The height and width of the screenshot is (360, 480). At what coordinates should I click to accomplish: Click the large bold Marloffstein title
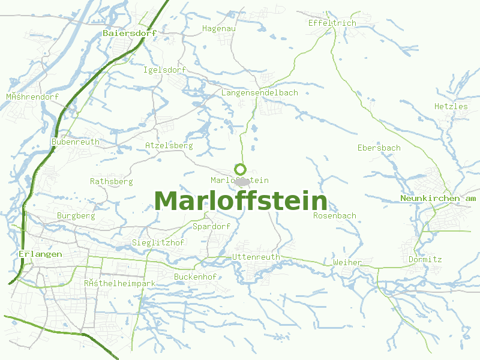click(241, 201)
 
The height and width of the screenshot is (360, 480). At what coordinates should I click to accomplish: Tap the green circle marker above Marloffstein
click(241, 169)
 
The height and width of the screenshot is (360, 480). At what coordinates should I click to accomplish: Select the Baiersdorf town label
click(130, 33)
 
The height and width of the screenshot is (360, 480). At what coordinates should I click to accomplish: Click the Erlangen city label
click(40, 254)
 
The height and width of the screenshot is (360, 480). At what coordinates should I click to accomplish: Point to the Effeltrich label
click(332, 23)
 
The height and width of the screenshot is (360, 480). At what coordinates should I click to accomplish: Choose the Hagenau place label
click(219, 28)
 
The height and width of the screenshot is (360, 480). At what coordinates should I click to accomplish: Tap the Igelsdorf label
click(164, 70)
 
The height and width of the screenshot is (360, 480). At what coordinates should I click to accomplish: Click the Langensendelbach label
click(259, 92)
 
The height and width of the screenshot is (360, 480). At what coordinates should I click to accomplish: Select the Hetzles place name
click(451, 106)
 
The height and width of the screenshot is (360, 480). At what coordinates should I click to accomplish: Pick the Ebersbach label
click(379, 148)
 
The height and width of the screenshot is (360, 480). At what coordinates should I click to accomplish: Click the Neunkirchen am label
click(438, 198)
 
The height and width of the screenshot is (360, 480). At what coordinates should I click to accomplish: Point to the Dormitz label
click(425, 259)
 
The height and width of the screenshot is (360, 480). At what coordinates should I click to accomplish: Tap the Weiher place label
click(347, 262)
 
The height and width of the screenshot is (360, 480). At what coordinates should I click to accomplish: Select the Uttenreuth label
click(256, 257)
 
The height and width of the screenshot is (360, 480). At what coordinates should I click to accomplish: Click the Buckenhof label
click(195, 277)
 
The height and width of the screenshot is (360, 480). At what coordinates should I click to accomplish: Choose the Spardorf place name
click(211, 226)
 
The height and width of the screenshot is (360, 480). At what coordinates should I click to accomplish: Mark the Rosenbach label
click(334, 215)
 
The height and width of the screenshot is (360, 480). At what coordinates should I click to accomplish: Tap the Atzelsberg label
click(169, 145)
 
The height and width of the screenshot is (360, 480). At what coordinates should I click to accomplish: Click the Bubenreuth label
click(76, 142)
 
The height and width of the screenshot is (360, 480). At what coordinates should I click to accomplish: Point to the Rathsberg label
click(111, 181)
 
